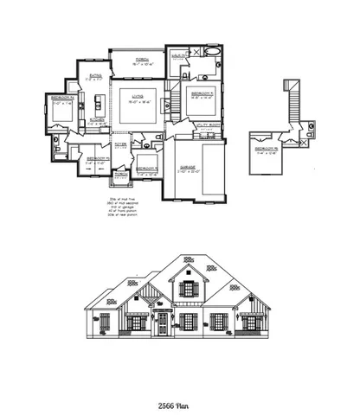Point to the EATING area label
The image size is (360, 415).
tap(96, 76)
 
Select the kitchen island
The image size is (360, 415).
tap(96, 104)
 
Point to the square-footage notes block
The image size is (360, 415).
tap(128, 207)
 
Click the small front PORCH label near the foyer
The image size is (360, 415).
tap(118, 174)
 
